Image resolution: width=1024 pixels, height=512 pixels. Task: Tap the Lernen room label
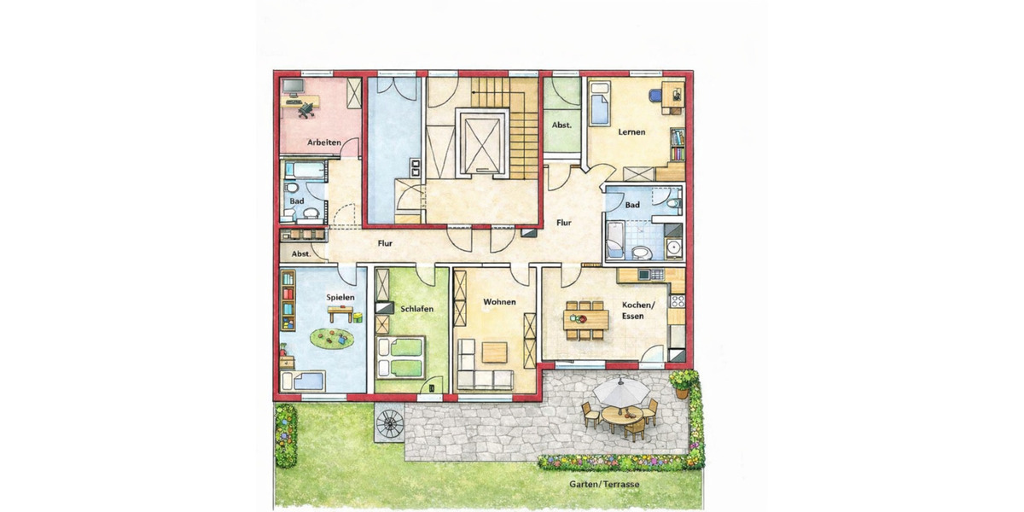pos(632,132)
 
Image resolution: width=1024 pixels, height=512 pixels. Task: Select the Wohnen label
pos(499,302)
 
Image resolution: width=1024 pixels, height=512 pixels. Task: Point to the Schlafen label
pos(415,308)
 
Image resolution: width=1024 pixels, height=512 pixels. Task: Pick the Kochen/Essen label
pos(637,311)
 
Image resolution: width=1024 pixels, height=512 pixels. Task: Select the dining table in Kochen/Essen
pos(585,319)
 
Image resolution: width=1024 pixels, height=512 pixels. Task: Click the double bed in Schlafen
pos(400,356)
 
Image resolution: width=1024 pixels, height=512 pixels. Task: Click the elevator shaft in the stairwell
pos(483,141)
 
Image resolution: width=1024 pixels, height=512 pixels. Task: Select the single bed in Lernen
pos(601,103)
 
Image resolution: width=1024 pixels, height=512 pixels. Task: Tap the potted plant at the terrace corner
pos(682,383)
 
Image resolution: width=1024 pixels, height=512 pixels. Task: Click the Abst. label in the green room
pos(561,125)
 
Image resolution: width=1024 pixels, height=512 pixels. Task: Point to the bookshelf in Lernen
pos(677,145)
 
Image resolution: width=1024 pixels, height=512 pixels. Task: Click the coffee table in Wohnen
pos(494,352)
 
